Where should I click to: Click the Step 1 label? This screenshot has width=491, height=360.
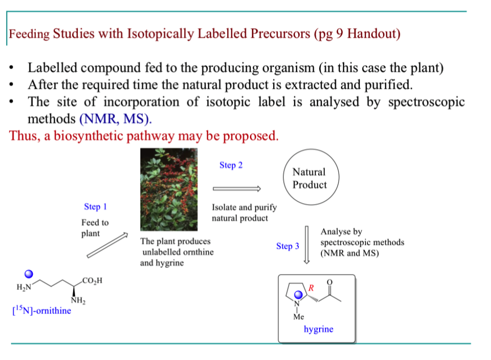[95, 207]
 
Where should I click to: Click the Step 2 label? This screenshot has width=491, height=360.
[230, 165]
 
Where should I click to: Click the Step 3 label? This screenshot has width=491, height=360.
[288, 246]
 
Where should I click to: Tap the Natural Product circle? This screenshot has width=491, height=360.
[309, 178]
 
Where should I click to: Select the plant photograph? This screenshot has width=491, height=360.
[168, 190]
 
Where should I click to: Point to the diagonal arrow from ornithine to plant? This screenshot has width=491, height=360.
[107, 247]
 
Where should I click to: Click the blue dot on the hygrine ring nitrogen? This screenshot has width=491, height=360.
[299, 295]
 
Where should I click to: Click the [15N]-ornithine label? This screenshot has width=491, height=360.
[41, 311]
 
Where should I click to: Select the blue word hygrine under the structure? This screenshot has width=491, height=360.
[318, 329]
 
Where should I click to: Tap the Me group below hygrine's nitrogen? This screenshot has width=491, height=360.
[298, 317]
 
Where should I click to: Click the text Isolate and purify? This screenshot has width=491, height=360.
[244, 208]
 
